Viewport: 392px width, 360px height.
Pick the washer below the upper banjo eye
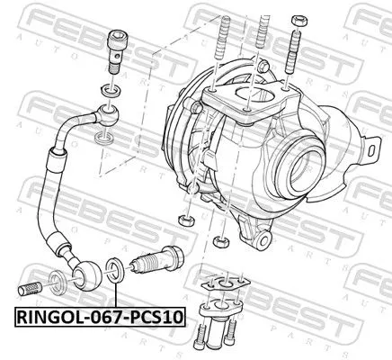(x=104, y=137)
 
